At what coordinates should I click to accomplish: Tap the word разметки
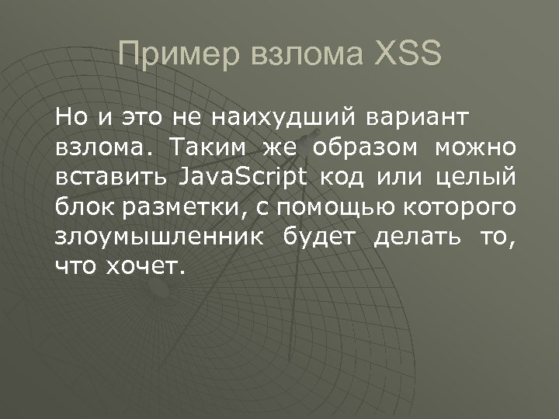[171, 207]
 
